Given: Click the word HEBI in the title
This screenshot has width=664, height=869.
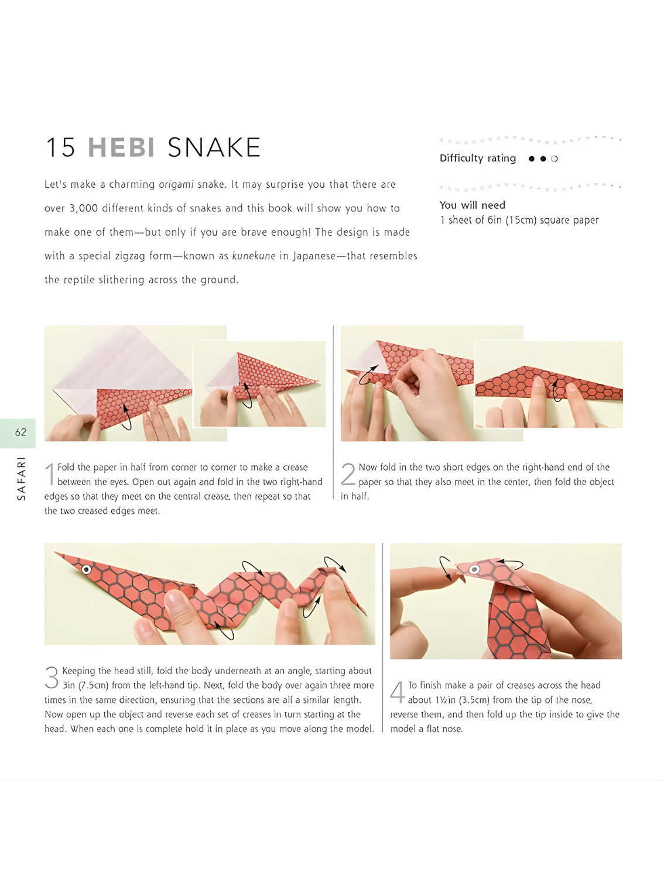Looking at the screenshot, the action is pos(121,147).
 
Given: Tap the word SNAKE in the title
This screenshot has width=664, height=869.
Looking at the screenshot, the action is pos(214,147).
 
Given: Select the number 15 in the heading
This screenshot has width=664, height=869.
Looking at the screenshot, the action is pos(60,147).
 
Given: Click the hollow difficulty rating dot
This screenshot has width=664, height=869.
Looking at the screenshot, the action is pos(555,159).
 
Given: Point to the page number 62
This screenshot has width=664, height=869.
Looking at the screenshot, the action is pos(20,432).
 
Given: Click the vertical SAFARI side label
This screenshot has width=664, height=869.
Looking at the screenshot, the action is pos(21,479).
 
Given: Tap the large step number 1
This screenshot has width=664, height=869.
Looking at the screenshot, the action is pos(50,473).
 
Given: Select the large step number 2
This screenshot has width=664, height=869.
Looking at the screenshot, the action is pos(348,473).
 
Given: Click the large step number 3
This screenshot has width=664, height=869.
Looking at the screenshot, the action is pos(52,678).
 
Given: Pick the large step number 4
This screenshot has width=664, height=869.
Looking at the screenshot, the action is pos(397,692).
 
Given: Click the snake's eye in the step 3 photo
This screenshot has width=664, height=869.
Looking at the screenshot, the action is pos(86,569).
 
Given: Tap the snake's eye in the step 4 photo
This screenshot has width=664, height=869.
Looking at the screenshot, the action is pos(474,569).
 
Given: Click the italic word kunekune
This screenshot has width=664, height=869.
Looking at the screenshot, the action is pos(254,256).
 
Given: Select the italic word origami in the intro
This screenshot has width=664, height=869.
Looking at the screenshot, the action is pos(176,184).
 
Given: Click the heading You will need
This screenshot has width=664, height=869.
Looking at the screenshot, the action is pos(473,205).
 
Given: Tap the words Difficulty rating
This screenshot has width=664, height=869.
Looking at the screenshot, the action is pos(478,159).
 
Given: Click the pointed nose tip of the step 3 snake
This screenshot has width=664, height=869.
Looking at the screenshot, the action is pos(55,552).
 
